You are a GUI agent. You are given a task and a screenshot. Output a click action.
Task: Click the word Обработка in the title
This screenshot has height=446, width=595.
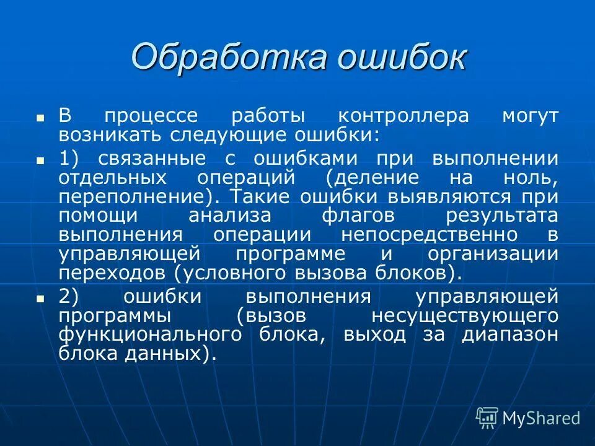[229, 57]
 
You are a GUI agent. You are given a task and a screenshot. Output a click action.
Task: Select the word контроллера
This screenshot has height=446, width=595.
[403, 116]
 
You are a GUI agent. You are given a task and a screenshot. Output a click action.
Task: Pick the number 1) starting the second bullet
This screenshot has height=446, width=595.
[69, 158]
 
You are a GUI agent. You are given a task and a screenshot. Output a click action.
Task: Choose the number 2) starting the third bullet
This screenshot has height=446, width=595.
[69, 296]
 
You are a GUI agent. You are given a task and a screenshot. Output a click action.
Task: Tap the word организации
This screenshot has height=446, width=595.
[493, 254]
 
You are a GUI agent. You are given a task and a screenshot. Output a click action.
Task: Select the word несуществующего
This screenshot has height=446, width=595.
[465, 315]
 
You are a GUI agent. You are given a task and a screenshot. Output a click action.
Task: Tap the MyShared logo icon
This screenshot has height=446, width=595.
[487, 418]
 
